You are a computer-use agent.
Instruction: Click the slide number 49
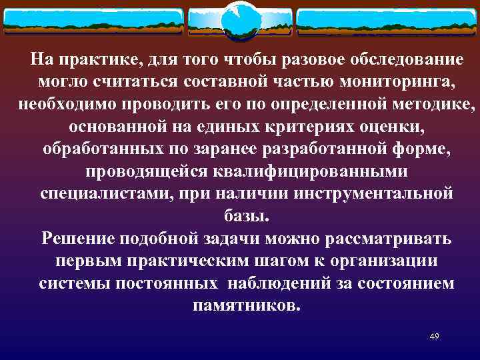tap(434, 336)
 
